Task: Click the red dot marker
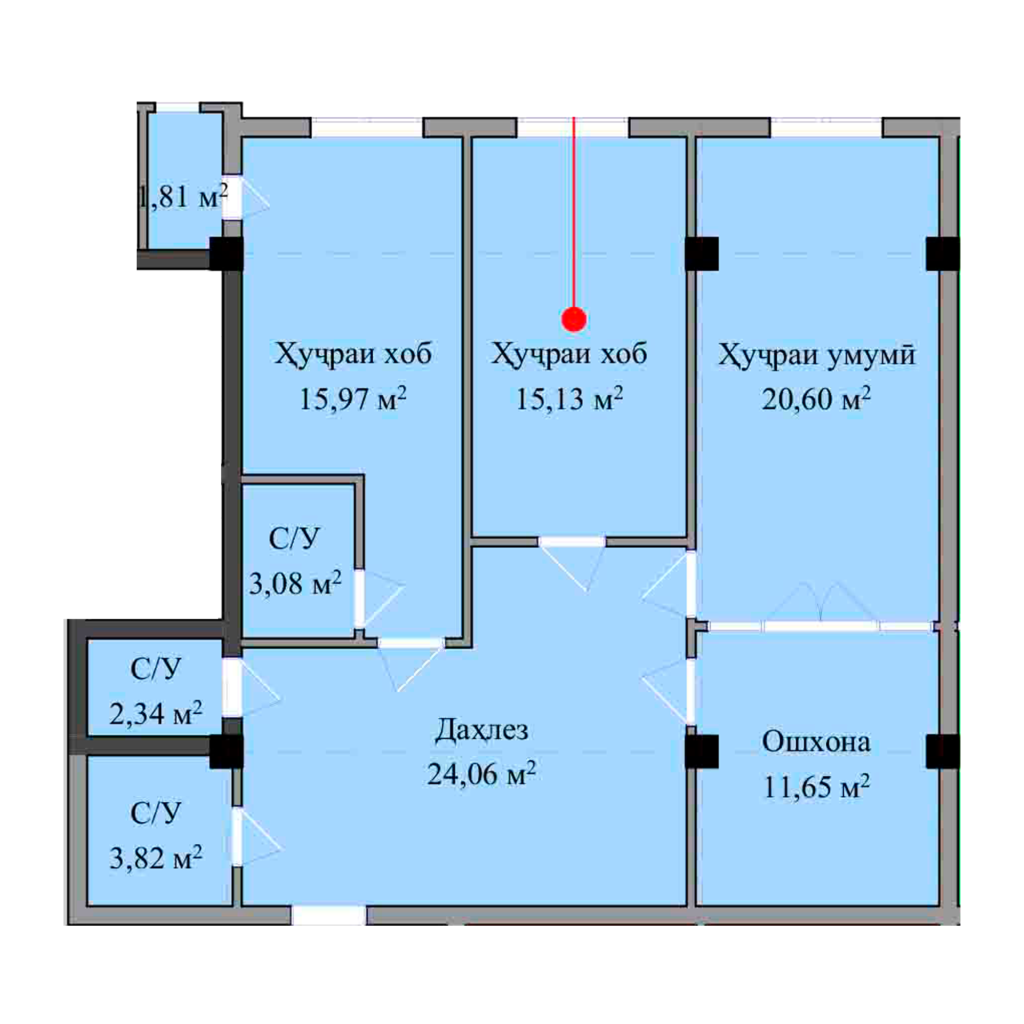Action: point(573,319)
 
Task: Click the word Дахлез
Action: point(481,731)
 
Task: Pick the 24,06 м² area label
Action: point(481,774)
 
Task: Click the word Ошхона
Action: point(816,742)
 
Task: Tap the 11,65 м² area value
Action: point(816,786)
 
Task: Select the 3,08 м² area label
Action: point(295,583)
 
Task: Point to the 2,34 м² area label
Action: point(156,713)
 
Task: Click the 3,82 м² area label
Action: point(156,858)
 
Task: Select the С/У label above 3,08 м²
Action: point(294,539)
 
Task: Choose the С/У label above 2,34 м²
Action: point(155,669)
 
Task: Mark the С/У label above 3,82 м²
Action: point(155,813)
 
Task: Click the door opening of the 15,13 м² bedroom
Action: point(572,542)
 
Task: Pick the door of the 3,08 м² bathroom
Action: point(359,599)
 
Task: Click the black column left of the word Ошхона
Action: point(702,752)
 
